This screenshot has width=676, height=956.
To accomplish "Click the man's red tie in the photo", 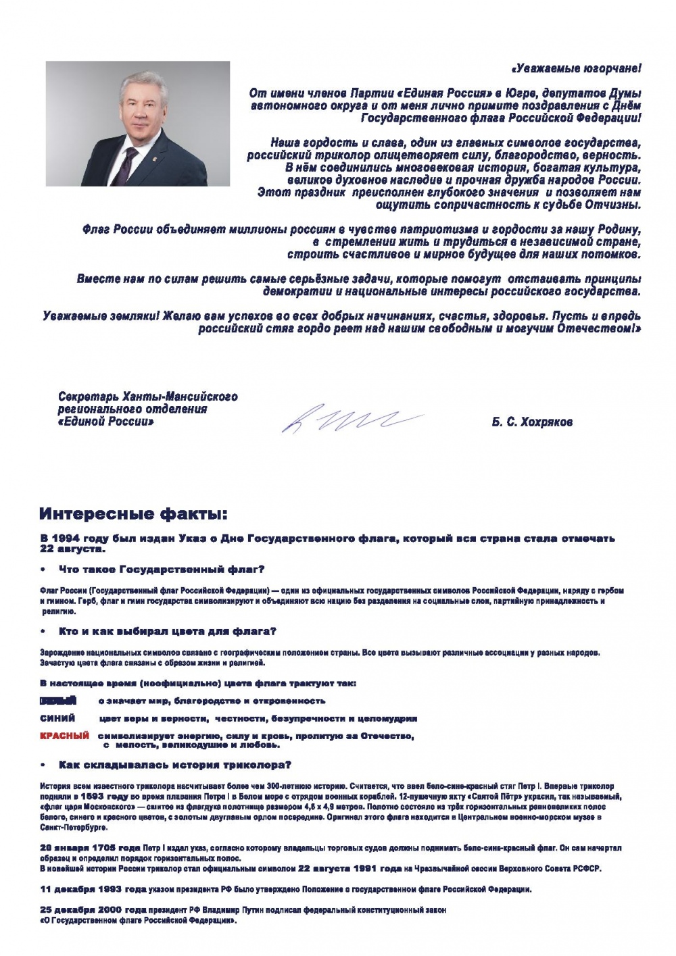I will tap(126, 166).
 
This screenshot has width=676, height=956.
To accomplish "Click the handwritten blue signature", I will tap(352, 419).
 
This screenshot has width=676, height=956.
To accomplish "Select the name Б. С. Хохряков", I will tap(532, 422).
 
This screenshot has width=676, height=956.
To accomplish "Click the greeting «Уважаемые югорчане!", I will tap(575, 68).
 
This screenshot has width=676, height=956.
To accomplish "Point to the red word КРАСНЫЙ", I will tap(65, 736).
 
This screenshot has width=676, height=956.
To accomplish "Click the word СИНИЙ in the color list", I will tap(57, 718).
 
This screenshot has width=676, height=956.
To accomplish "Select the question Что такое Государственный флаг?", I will tap(162, 570).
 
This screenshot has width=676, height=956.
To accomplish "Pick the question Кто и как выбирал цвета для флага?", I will tap(168, 632).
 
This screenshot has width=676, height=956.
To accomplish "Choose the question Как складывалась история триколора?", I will tap(175, 765).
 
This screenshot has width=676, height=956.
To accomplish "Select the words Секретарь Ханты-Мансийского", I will tap(147, 397).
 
